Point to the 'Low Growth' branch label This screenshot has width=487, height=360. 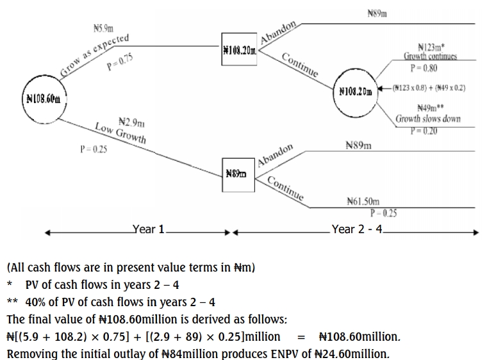[x=120, y=132]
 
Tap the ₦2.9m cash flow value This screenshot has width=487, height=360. [x=132, y=121]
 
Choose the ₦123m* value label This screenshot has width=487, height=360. [x=431, y=46]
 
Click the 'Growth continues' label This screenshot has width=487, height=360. [x=430, y=56]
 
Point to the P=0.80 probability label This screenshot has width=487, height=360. [x=424, y=68]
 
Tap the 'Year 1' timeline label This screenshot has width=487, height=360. [x=149, y=229]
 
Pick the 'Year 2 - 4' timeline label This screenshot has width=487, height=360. [x=356, y=229]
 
